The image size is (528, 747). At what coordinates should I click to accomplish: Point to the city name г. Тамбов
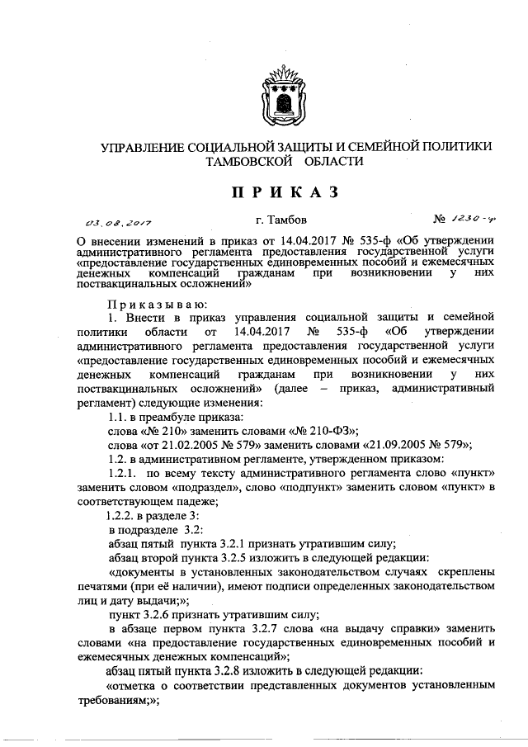(x=280, y=220)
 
